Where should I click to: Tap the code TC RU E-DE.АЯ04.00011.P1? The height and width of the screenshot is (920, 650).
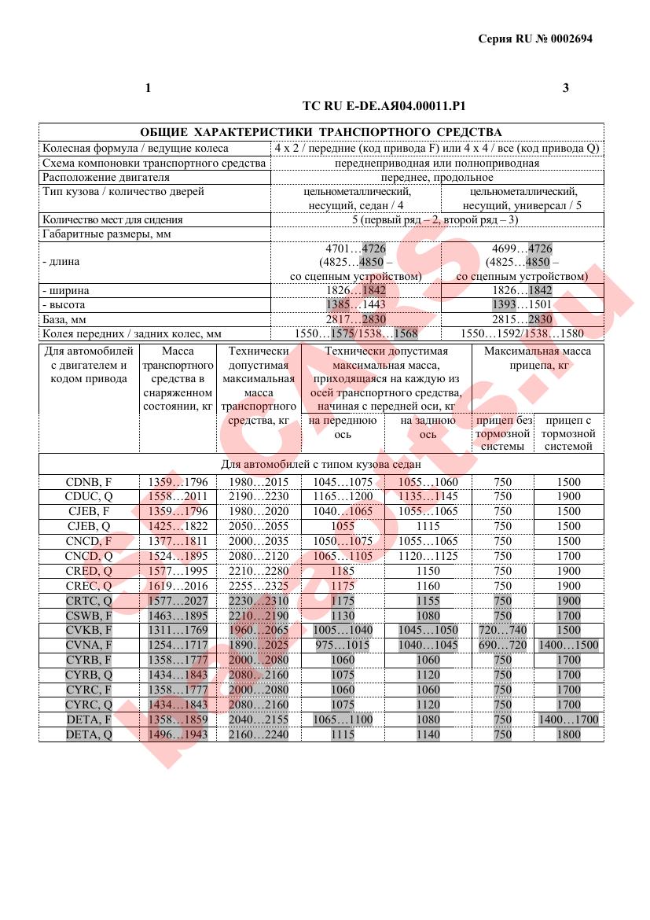pyautogui.click(x=390, y=105)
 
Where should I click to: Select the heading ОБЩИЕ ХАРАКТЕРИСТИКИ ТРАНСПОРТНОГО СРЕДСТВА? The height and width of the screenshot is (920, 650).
pyautogui.click(x=321, y=132)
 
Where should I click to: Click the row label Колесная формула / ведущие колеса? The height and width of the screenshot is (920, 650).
pyautogui.click(x=135, y=148)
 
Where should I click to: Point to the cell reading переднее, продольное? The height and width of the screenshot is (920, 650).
pyautogui.click(x=437, y=178)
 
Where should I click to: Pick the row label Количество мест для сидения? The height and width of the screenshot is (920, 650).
pyautogui.click(x=112, y=220)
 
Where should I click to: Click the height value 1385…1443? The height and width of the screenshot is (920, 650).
pyautogui.click(x=356, y=305)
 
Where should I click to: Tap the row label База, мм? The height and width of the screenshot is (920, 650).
pyautogui.click(x=64, y=319)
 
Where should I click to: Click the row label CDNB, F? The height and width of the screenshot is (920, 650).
pyautogui.click(x=88, y=482)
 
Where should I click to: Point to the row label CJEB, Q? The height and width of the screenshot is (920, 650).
pyautogui.click(x=88, y=526)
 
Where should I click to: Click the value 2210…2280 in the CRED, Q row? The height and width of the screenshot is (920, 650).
pyautogui.click(x=259, y=571)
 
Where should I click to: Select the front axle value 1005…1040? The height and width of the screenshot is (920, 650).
pyautogui.click(x=343, y=631)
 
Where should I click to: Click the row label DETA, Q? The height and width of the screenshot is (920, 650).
pyautogui.click(x=88, y=734)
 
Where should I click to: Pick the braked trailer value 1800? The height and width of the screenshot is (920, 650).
pyautogui.click(x=568, y=734)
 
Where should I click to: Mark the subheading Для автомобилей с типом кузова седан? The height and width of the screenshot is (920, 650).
pyautogui.click(x=321, y=465)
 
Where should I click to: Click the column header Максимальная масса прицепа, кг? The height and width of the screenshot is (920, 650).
pyautogui.click(x=538, y=359)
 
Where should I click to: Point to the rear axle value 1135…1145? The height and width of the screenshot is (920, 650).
pyautogui.click(x=428, y=497)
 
